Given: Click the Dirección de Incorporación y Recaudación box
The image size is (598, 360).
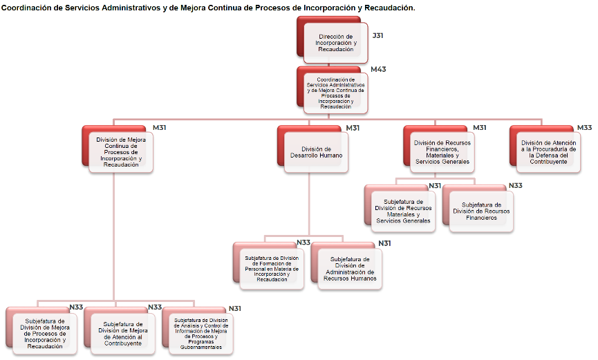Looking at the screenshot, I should point(336,43).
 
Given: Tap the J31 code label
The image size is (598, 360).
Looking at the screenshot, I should point(377,35).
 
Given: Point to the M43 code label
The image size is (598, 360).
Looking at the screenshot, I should point(378,69).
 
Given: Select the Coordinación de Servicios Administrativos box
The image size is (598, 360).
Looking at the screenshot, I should point(335,93).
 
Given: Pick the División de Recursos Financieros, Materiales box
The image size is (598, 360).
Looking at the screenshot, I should point(442,152).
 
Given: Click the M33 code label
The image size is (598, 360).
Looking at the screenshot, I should point(584,128).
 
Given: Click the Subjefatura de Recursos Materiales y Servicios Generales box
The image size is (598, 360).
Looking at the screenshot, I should point(403,211).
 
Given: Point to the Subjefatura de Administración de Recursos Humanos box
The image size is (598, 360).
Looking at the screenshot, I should point(350,269).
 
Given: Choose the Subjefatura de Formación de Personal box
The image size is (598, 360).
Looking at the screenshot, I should point(272,269).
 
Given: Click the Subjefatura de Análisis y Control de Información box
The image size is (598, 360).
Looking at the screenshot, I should point(200,334).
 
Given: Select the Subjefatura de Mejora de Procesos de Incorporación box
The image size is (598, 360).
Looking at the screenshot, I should point(45,334).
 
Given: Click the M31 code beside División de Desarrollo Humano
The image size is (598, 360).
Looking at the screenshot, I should point(353,128).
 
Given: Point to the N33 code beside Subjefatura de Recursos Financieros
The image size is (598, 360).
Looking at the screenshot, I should point(515,186).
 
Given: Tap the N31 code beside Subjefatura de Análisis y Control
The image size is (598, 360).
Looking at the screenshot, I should point(235,308).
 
